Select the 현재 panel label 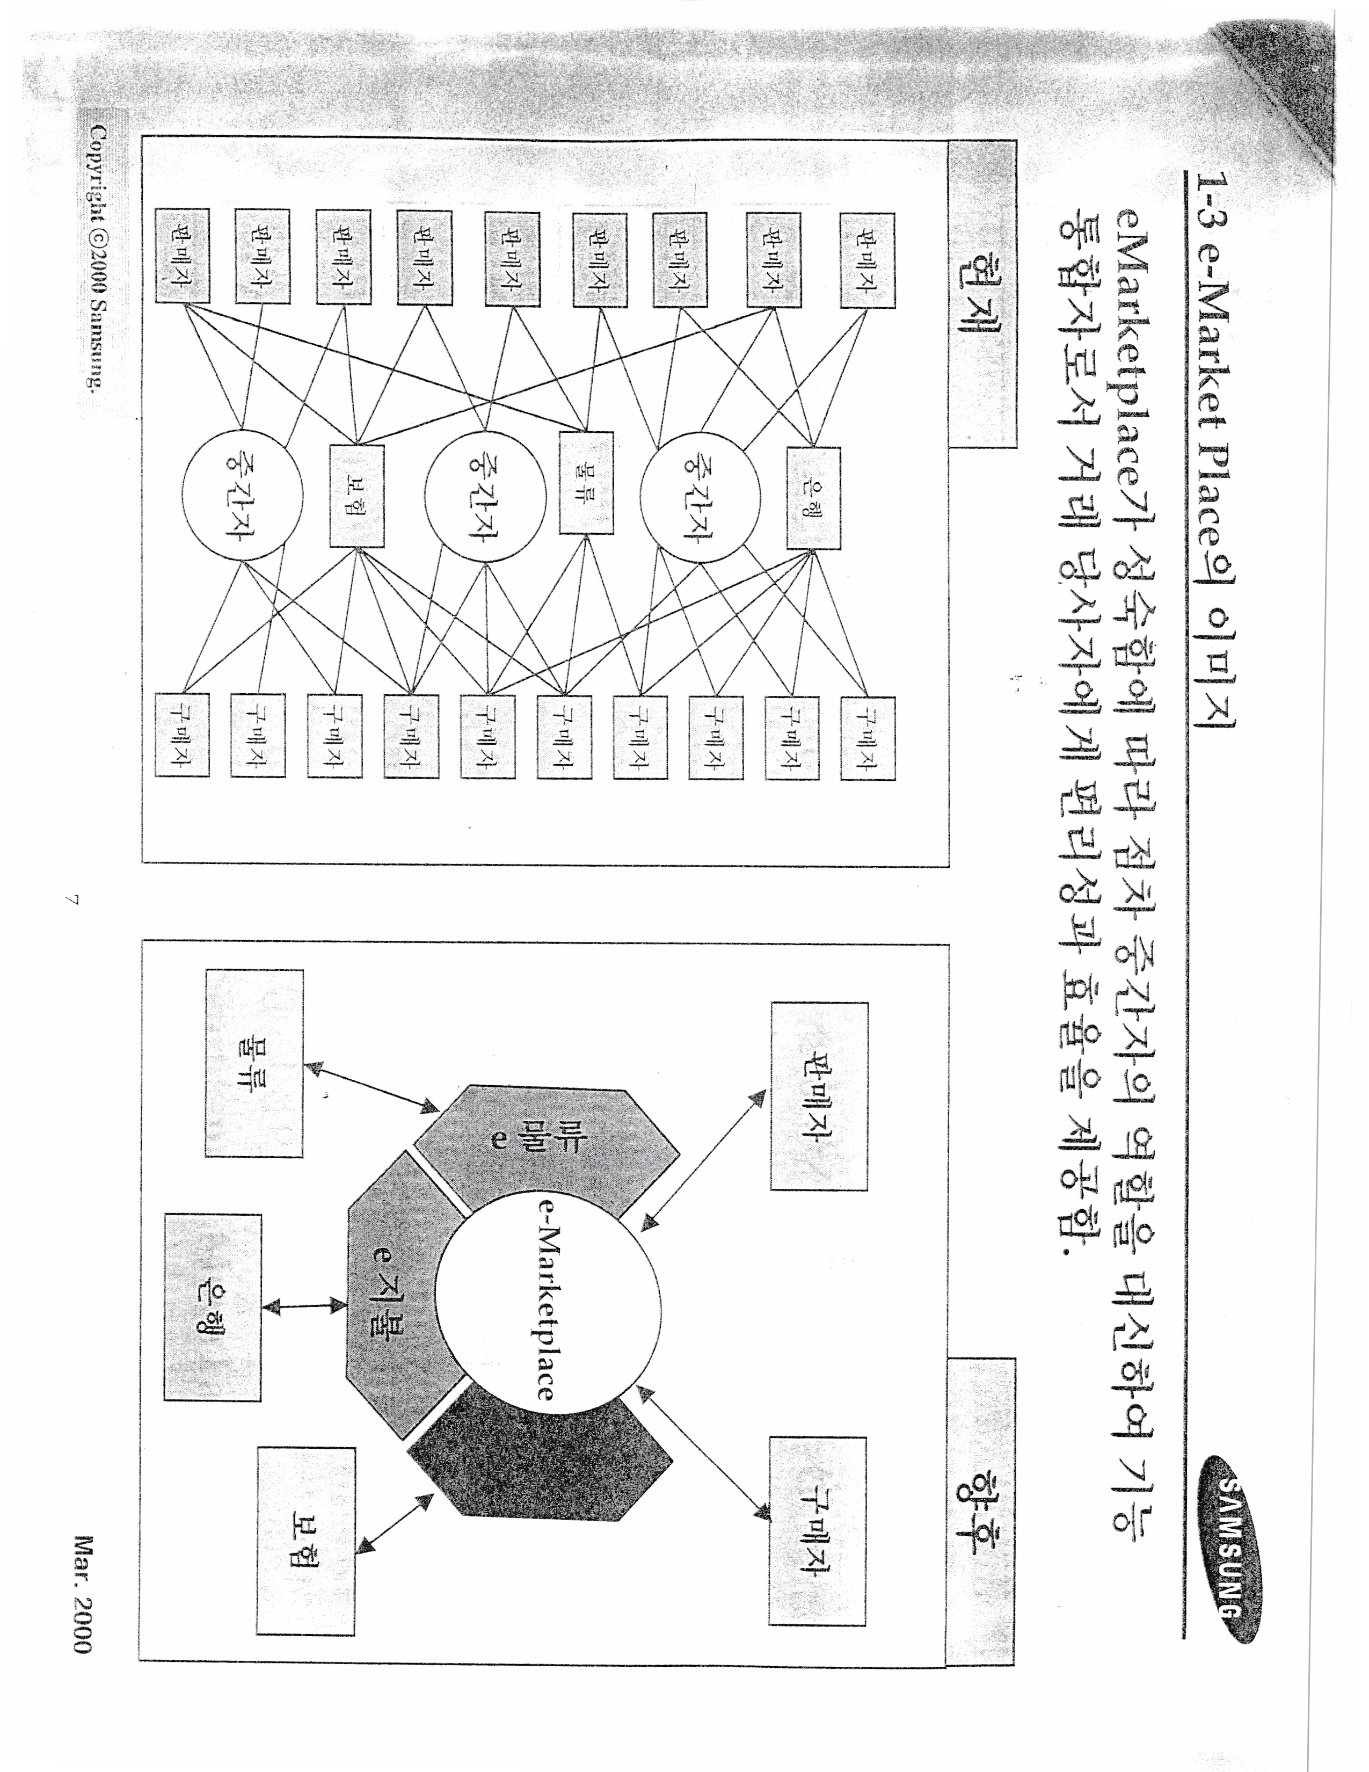(981, 293)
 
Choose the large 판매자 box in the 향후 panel (819, 1096)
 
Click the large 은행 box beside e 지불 (213, 1307)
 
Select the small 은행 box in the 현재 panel (813, 497)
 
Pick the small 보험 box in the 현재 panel (357, 496)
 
